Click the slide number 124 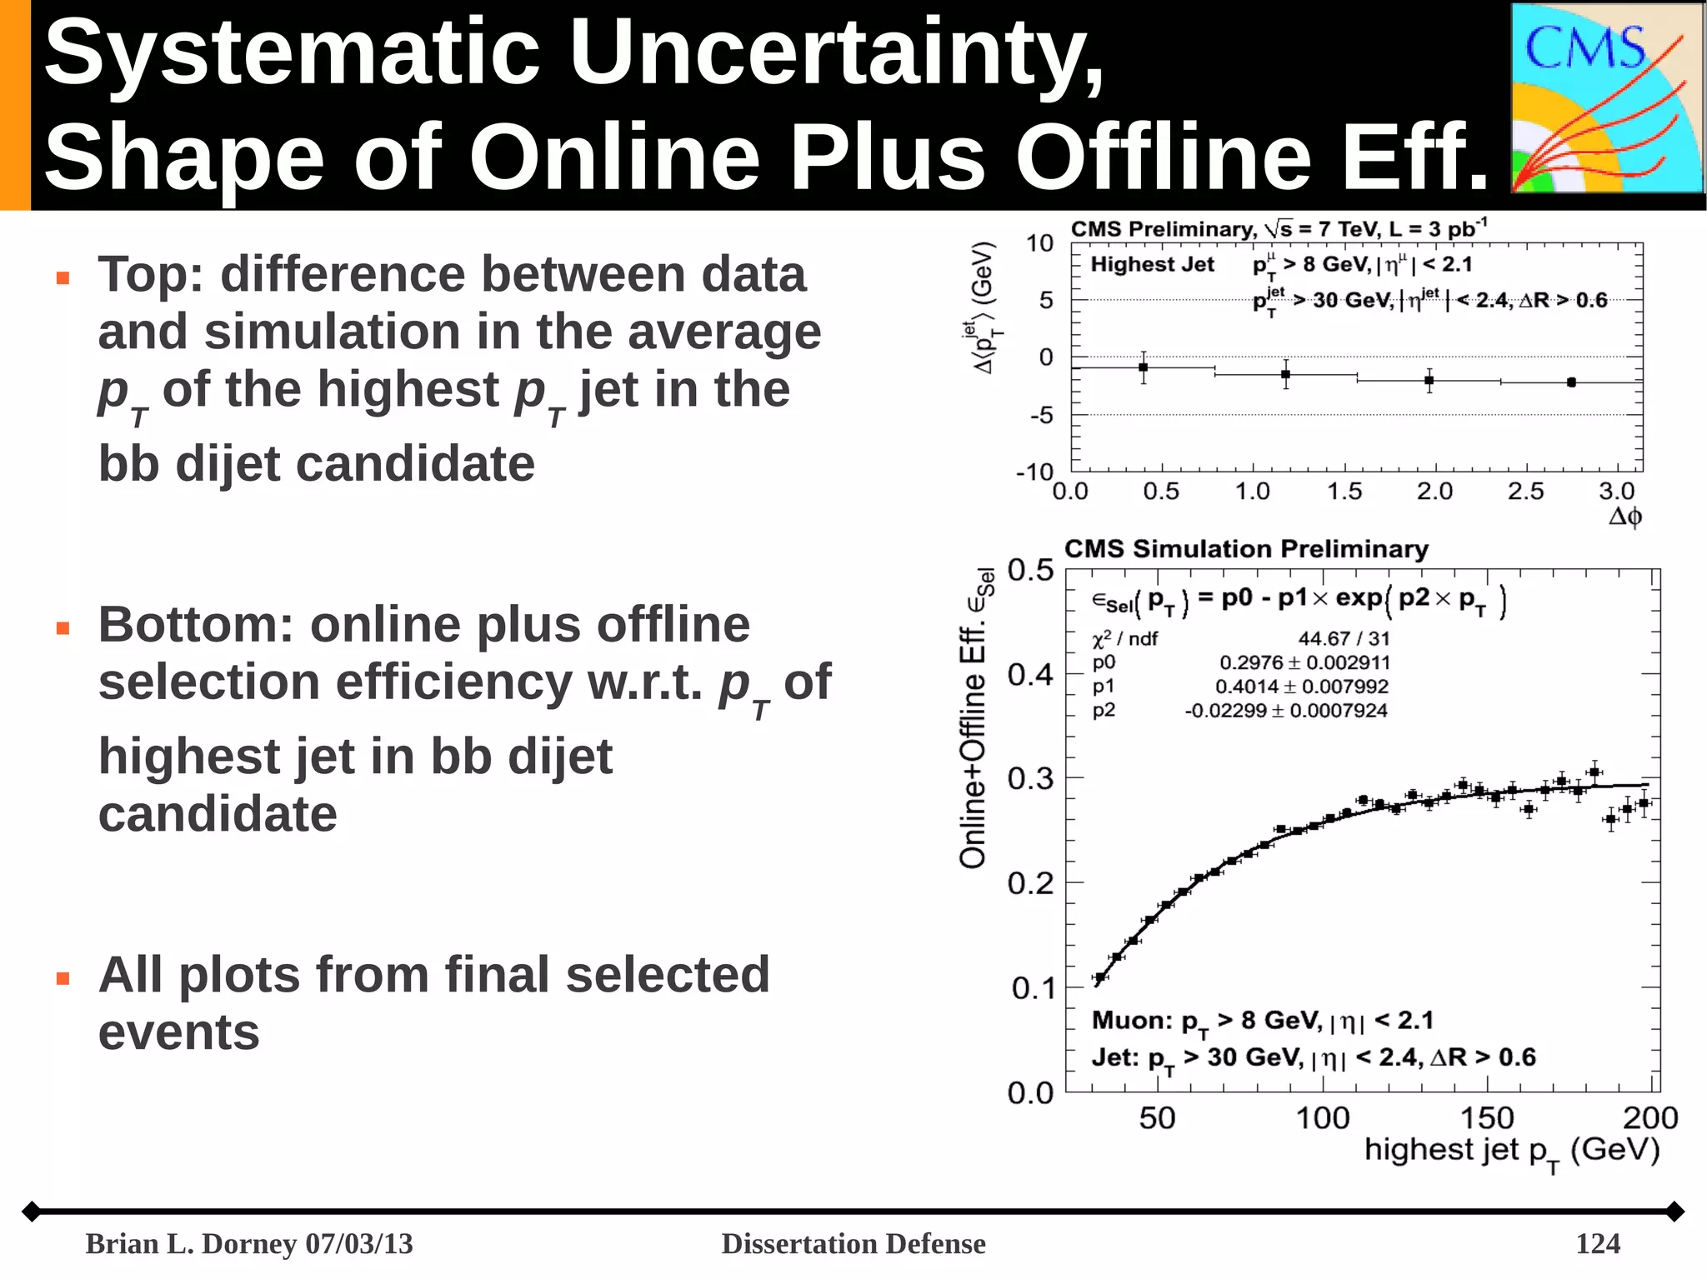click(1597, 1243)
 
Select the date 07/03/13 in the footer click(359, 1243)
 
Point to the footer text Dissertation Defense click(853, 1243)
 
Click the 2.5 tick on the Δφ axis click(1525, 492)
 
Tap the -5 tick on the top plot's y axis click(1041, 415)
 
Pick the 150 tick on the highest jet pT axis click(1486, 1118)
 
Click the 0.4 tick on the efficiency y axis click(1030, 674)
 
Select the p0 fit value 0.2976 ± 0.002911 click(1304, 662)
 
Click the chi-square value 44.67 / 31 click(1344, 638)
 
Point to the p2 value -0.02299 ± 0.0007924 click(1286, 711)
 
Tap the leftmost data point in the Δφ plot click(1144, 367)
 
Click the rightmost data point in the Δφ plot click(1571, 382)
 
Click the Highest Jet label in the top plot click(1152, 265)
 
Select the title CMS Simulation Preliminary click(1246, 549)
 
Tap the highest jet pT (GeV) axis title click(1511, 1152)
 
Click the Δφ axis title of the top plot click(1624, 517)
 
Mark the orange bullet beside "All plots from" click(63, 978)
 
